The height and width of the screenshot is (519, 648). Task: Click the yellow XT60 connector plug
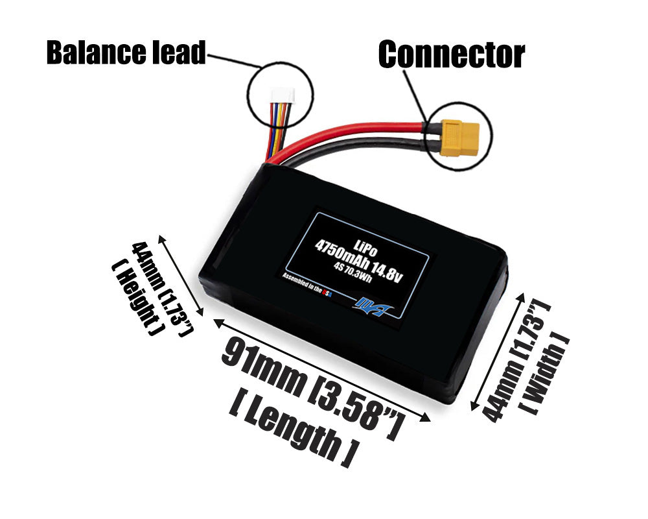tap(457, 138)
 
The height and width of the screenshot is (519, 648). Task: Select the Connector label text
tap(451, 54)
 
